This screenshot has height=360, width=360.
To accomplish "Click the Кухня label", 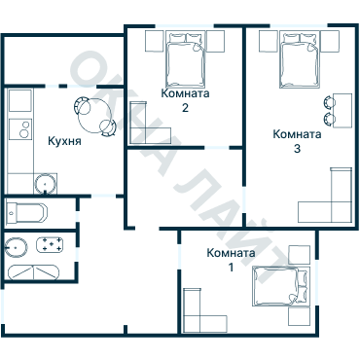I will pyautogui.click(x=63, y=141).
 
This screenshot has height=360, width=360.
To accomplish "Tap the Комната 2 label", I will pyautogui.click(x=184, y=101).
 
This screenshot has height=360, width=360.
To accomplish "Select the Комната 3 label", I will pyautogui.click(x=297, y=142).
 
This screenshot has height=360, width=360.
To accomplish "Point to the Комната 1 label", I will pyautogui.click(x=230, y=260).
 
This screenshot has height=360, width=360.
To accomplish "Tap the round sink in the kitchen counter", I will pyautogui.click(x=45, y=182).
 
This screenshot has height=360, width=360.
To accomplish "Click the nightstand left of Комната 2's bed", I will pyautogui.click(x=153, y=41).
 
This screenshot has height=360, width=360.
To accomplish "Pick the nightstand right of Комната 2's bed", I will pyautogui.click(x=215, y=41).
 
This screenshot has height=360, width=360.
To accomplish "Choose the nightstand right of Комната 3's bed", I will pyautogui.click(x=330, y=41).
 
